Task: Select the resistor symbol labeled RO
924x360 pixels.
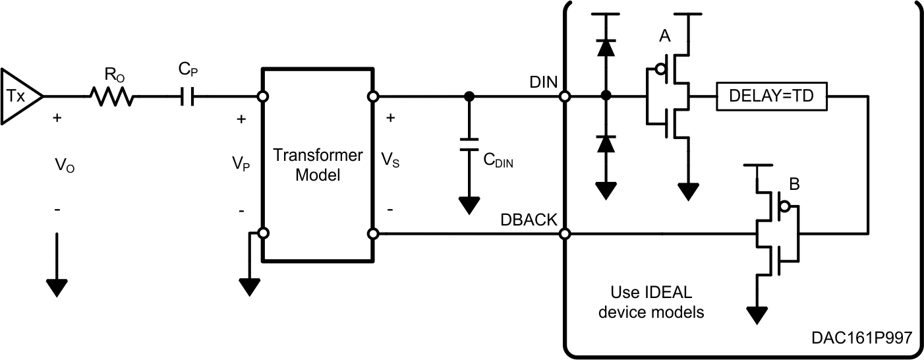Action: point(111,97)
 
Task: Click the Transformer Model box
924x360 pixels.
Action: point(318,165)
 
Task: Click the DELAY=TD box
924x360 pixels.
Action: point(772,97)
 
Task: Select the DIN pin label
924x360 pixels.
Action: point(543,82)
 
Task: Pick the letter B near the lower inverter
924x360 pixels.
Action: point(795,185)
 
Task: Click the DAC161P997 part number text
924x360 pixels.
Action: point(861,338)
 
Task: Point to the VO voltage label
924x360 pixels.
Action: point(65,164)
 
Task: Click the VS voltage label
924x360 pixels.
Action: point(390,160)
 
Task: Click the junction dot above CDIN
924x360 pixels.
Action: point(469,97)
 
